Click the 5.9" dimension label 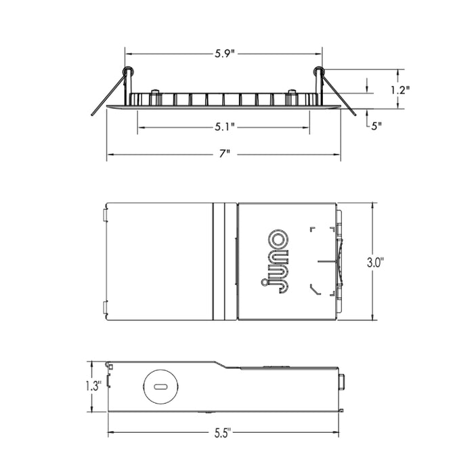(x=224, y=53)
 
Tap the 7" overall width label (x=225, y=154)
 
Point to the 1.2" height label (x=400, y=89)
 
